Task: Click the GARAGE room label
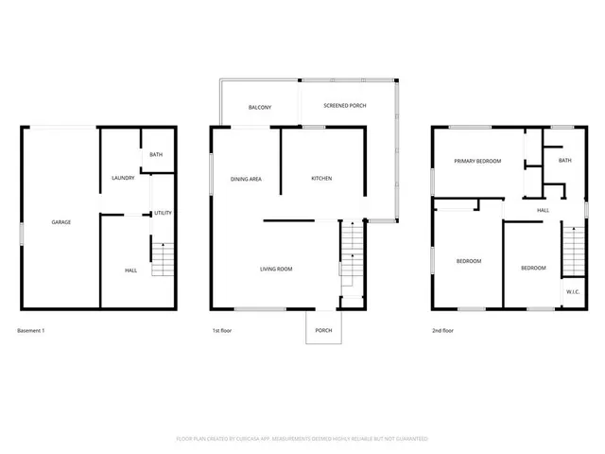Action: pos(60,222)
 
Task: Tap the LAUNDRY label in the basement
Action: pos(123,178)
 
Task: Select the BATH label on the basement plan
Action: pos(157,153)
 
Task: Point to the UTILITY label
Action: pos(163,213)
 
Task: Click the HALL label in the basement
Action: pos(130,271)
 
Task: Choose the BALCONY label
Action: pos(260,108)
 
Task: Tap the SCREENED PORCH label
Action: pos(344,105)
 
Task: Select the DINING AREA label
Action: pos(246,179)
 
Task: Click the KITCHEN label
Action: pos(321,179)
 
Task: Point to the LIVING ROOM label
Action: pos(276,270)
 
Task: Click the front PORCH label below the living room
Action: pos(323,330)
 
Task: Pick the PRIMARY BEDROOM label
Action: pos(476,162)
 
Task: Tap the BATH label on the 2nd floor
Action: pos(564,161)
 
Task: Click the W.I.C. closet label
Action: pos(573,292)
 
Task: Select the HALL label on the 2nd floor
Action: pos(544,210)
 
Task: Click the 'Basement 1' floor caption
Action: pos(31,331)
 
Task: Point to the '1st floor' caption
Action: pos(222,331)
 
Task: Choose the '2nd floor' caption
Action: pos(443,331)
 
